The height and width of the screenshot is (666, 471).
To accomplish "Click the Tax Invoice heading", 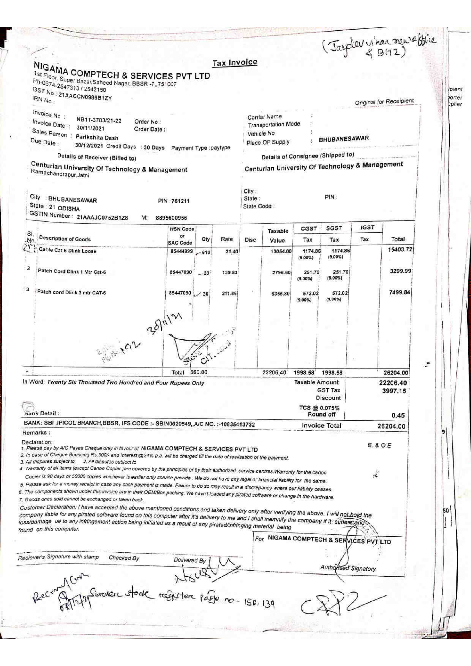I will point(235,62).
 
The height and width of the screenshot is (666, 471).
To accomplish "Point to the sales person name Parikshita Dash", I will point(97,137).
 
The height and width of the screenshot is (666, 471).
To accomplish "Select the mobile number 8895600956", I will point(171,218).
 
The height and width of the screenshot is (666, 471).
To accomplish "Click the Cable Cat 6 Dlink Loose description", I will point(67,251).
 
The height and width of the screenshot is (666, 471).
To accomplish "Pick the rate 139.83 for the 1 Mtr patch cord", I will point(230,272).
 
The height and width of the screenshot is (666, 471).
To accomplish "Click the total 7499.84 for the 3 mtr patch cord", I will point(399,292).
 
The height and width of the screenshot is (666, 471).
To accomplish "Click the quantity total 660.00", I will point(199,372).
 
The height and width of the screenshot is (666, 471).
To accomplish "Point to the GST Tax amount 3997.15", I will point(394,391).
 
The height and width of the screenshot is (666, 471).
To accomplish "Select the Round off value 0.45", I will point(398,415).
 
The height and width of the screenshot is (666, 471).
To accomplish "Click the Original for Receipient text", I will point(384,101).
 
